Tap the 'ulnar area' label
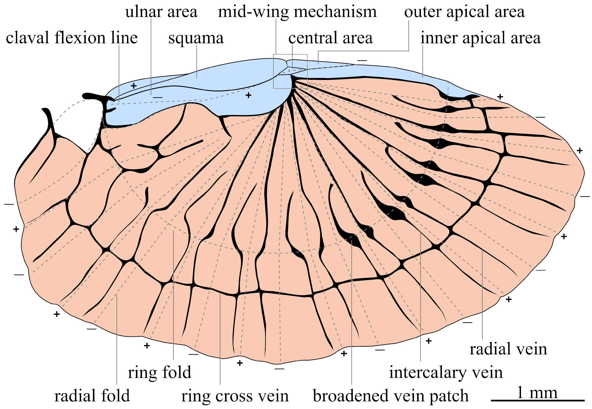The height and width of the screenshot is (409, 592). coord(161,12)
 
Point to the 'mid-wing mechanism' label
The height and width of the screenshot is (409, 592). coord(297,12)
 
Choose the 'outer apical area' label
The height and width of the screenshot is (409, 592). coord(464,12)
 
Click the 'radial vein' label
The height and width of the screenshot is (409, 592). coord(508,349)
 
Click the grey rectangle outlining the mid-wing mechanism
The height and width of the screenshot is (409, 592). coord(274,72)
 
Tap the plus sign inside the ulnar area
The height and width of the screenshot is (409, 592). coord(134,86)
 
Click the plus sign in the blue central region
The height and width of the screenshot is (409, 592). coord(248,95)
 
